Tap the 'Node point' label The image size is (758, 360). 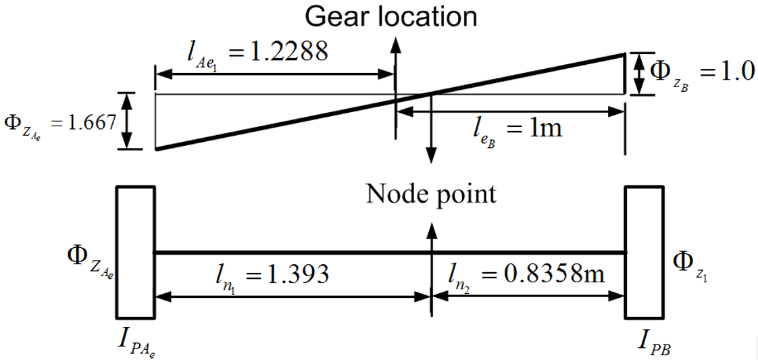tap(431, 194)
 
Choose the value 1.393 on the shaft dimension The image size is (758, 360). tap(297, 274)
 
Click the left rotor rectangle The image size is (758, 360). tap(136, 252)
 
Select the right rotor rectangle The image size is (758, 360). tap(644, 252)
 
